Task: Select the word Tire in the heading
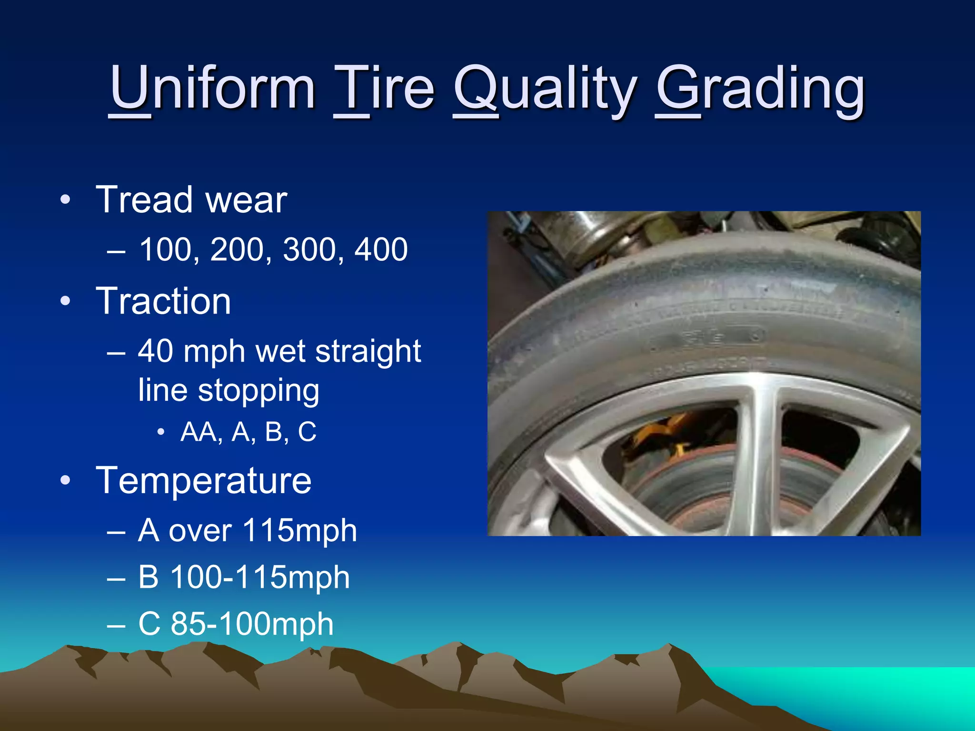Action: (x=384, y=89)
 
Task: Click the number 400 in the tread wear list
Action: (x=381, y=249)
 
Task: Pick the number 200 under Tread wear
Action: (x=237, y=249)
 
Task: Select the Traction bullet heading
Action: (x=163, y=301)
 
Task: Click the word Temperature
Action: (x=204, y=481)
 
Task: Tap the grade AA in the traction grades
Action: (x=201, y=432)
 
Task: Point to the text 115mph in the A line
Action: (x=299, y=531)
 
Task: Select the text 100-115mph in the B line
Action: (x=260, y=577)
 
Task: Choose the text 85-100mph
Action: (x=252, y=624)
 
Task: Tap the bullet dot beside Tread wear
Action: (x=66, y=200)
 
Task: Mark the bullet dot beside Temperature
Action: (x=66, y=481)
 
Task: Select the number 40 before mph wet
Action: (x=156, y=352)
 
